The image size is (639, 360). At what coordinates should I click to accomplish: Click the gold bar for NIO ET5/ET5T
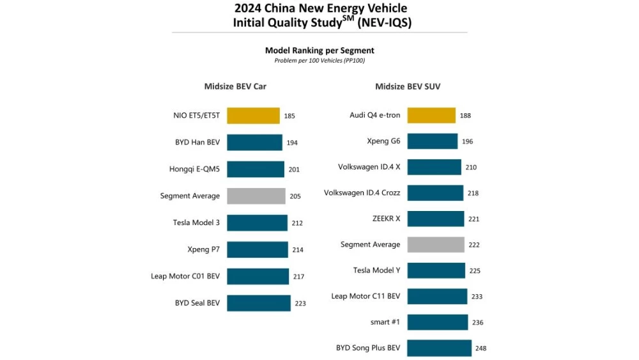253,116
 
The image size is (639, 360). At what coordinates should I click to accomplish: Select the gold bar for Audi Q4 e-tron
431,115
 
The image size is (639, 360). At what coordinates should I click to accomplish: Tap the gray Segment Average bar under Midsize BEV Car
256,196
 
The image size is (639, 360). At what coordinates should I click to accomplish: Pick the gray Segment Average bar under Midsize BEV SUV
436,244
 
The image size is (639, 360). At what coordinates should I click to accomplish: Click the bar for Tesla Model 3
257,223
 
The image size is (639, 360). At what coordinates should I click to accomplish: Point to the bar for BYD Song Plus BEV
439,348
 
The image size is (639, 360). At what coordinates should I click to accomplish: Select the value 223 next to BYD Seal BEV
300,303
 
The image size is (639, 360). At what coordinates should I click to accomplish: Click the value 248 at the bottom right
481,348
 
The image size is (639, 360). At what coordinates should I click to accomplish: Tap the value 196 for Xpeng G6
467,141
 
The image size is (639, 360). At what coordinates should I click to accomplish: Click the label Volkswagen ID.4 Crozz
362,192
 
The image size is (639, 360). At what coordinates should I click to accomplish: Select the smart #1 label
385,322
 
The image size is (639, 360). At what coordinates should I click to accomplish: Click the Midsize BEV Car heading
235,86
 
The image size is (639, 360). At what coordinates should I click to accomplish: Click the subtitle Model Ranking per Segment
319,51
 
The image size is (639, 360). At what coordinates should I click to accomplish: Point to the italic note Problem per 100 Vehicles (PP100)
319,61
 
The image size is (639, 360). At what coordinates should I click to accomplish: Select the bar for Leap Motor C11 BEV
436,296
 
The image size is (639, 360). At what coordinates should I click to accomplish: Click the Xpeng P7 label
204,249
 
